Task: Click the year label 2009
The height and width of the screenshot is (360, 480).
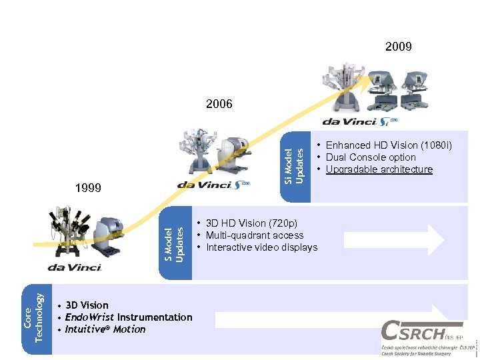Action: click(x=398, y=47)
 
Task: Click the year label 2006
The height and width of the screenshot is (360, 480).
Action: click(x=219, y=104)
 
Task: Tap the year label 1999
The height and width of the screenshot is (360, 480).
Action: click(x=88, y=189)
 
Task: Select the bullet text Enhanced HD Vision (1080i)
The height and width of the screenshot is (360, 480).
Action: click(x=389, y=145)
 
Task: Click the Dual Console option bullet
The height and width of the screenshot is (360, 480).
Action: click(x=370, y=157)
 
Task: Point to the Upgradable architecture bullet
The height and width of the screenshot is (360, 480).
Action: click(x=379, y=169)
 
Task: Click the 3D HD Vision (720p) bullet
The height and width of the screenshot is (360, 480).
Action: click(x=251, y=223)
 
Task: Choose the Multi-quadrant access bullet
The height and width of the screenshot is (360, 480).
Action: click(x=255, y=235)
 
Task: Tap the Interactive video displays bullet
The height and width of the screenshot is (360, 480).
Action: click(x=262, y=247)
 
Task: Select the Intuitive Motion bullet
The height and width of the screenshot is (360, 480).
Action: click(x=105, y=329)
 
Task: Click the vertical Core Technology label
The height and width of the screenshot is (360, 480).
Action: click(x=33, y=315)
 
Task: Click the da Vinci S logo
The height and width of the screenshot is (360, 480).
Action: click(x=213, y=185)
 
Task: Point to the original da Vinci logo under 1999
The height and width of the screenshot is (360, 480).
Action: click(x=74, y=267)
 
